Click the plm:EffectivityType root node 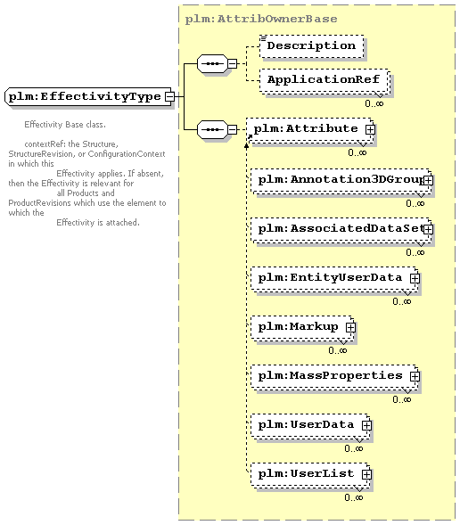coord(89,97)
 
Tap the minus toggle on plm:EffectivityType coord(170,97)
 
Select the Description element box coord(312,46)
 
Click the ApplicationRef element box coord(324,81)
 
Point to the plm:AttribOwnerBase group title coord(261,19)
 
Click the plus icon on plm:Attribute coord(370,129)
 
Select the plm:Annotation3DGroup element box coord(341,181)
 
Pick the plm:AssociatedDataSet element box coord(341,230)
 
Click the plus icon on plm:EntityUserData coord(415,279)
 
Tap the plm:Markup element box coord(302,328)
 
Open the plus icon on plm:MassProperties coord(415,377)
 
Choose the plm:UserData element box coord(311,426)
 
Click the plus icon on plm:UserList coord(366,475)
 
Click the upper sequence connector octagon coord(212,63)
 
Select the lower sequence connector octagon coord(212,129)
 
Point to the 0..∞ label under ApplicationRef coord(374,103)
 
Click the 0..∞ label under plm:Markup coord(338,350)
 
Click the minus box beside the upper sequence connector coord(233,63)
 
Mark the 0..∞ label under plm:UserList coord(354,497)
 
